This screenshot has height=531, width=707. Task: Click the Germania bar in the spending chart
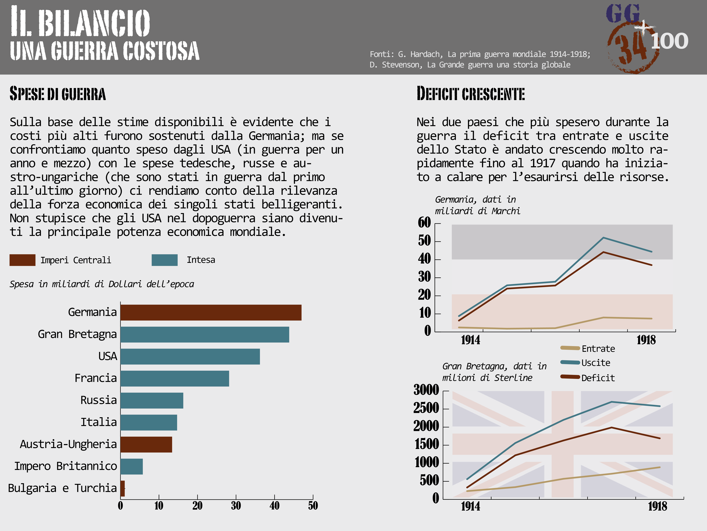point(211,312)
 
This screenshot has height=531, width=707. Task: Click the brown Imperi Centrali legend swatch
point(22,260)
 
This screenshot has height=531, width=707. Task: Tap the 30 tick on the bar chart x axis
point(236,506)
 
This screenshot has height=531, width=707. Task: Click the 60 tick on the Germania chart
point(424,222)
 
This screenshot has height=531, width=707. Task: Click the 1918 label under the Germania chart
point(646,340)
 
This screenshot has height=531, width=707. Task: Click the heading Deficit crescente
point(470,94)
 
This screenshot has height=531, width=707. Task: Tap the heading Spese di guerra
point(58,94)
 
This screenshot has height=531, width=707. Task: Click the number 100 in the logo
point(670,41)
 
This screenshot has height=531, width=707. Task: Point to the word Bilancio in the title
point(94,22)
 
